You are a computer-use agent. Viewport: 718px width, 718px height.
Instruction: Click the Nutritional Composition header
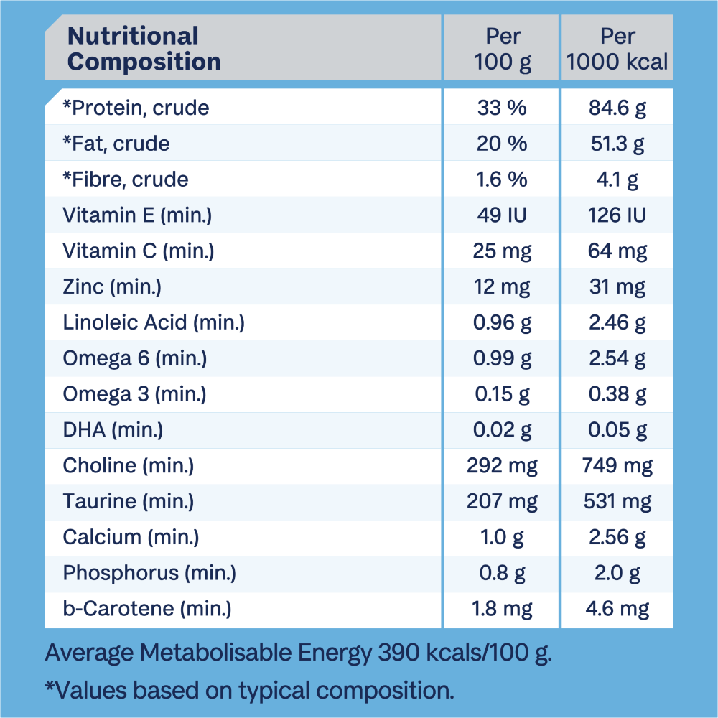pos(144,49)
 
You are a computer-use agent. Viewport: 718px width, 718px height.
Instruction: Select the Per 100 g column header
pos(502,49)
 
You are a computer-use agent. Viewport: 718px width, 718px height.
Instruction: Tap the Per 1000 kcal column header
pos(617,49)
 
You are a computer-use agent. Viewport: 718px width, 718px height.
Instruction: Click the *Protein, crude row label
pos(136,108)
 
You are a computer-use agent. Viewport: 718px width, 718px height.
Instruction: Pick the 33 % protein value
pos(502,108)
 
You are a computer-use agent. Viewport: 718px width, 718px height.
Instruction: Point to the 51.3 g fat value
pos(617,144)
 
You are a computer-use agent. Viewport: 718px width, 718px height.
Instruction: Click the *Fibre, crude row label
pos(126,179)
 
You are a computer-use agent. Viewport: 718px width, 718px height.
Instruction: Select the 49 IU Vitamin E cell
pos(502,215)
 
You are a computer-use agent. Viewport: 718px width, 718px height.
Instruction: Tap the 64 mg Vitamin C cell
pos(617,251)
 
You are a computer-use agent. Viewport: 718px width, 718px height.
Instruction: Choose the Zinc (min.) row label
pos(112,287)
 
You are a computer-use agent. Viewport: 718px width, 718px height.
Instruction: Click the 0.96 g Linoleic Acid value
pos(502,323)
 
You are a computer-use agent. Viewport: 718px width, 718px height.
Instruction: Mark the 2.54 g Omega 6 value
pos(617,359)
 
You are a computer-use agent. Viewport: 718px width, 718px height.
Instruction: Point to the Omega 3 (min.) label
pos(135,394)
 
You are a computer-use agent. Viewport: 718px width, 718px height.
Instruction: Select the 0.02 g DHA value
pos(502,430)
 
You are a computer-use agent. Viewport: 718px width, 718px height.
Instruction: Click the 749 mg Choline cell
pos(617,466)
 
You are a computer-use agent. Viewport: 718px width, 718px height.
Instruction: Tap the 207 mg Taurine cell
pos(502,502)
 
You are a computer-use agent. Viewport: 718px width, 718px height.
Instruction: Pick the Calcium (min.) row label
pos(131,537)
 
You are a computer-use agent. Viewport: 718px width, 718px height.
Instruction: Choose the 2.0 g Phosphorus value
pos(617,573)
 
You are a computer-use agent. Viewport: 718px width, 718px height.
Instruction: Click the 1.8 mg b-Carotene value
pos(502,609)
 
